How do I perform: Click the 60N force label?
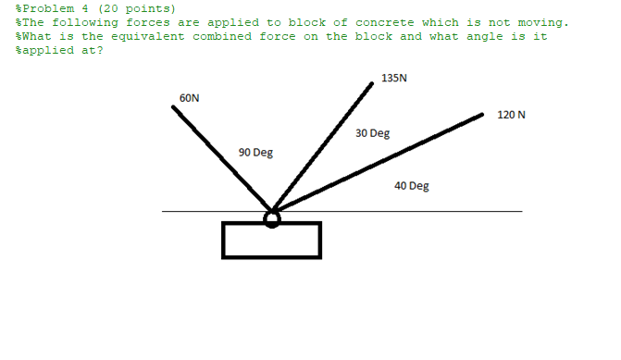point(189,97)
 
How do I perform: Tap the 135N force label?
point(393,79)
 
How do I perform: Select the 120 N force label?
point(511,115)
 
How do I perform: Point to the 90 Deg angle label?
point(255,152)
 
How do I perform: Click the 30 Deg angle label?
point(372,133)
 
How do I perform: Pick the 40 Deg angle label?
point(411,186)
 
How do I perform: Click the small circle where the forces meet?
point(271,218)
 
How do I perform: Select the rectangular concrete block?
point(271,240)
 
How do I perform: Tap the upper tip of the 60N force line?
point(173,106)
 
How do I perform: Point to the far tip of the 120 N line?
point(482,116)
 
